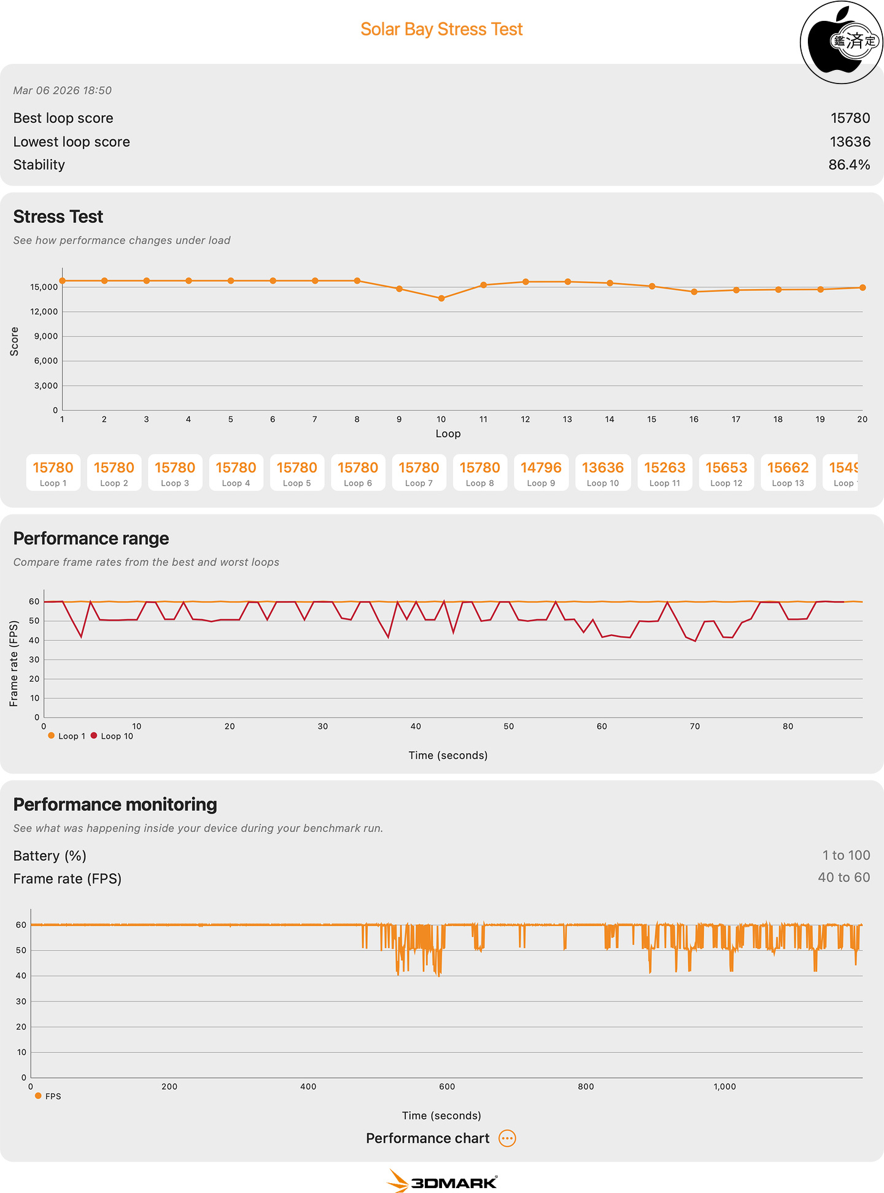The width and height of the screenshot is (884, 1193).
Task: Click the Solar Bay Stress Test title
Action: tap(441, 29)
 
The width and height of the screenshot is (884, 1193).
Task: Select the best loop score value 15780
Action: tap(850, 118)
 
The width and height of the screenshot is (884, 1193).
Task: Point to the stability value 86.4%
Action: tap(849, 165)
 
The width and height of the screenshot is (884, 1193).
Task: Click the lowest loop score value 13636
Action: tap(850, 142)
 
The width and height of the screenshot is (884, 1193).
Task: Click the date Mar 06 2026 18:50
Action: tap(63, 90)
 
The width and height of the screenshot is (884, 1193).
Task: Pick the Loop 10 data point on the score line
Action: tap(441, 298)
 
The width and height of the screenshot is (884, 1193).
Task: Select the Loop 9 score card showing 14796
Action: tap(541, 473)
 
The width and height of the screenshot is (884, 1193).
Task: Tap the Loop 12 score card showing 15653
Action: tap(726, 473)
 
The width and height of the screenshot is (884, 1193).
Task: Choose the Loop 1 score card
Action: tap(53, 473)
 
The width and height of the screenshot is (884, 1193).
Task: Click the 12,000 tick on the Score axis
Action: tap(44, 312)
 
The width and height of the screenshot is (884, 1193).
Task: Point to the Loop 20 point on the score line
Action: tap(863, 287)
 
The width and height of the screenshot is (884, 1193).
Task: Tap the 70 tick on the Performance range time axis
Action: tap(695, 726)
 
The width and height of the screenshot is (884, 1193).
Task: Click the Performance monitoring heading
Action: tap(115, 804)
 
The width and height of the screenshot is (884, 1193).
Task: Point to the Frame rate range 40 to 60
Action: tap(843, 877)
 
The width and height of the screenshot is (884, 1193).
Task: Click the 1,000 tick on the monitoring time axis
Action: tap(724, 1086)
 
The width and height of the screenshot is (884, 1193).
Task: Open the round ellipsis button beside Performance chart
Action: tap(507, 1138)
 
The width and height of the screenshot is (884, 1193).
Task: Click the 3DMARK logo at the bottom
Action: tap(442, 1181)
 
